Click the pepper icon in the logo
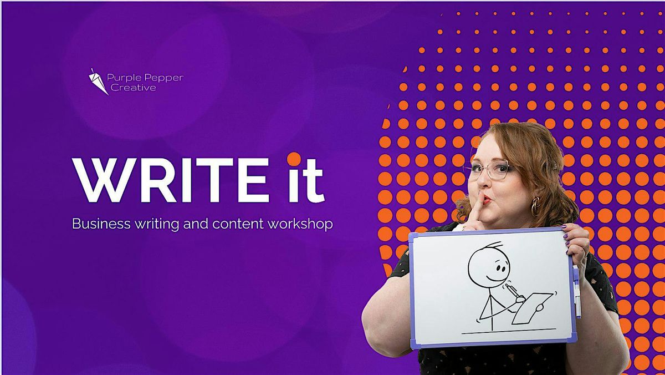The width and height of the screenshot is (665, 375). point(98,82)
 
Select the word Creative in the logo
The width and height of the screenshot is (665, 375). point(134,88)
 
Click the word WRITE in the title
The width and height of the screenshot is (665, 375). point(171,180)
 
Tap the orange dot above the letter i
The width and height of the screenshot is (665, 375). point(294,159)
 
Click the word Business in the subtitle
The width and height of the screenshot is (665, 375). point(101,224)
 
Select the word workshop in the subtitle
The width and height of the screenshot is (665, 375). point(300,224)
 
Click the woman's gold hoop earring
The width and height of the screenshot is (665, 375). point(535,206)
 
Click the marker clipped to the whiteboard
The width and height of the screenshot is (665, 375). point(576,291)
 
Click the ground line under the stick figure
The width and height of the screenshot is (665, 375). point(509,331)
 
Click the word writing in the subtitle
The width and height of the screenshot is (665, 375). point(157,224)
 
